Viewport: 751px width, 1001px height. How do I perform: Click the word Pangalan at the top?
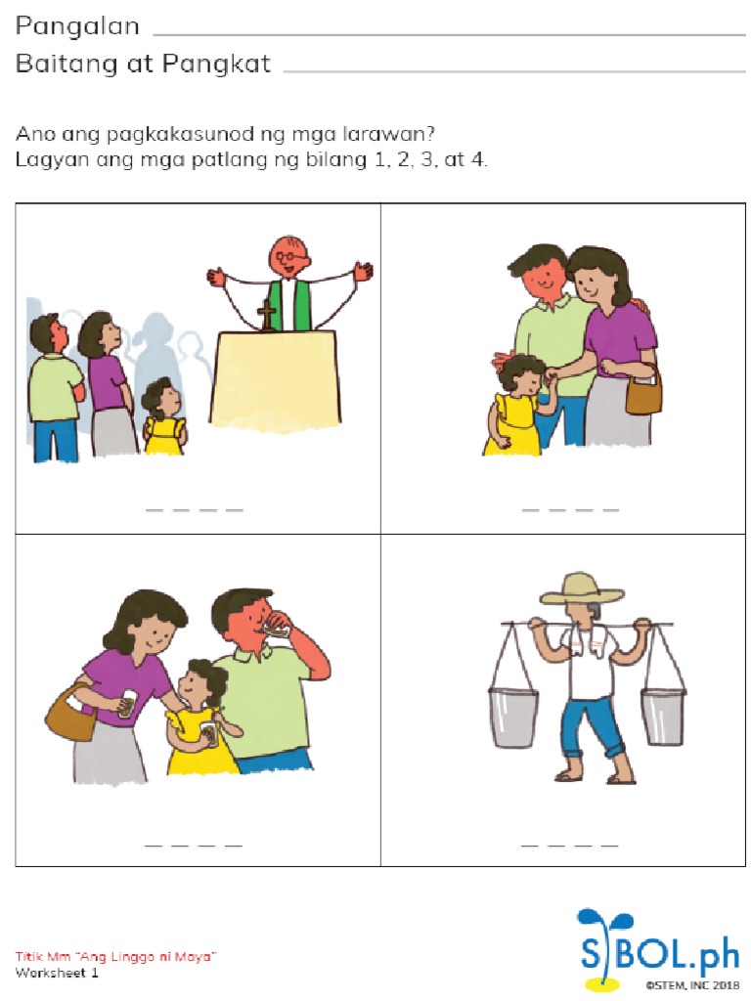[77, 26]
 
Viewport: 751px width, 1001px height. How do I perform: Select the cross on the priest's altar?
[266, 315]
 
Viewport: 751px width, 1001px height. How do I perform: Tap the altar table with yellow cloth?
[275, 377]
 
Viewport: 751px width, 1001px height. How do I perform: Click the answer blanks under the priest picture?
[194, 509]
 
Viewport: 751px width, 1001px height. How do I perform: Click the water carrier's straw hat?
[581, 588]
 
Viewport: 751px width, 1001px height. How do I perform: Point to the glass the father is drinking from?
[278, 630]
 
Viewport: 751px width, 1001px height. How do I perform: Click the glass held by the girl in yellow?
[207, 732]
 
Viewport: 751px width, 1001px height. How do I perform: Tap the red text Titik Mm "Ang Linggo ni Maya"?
[115, 955]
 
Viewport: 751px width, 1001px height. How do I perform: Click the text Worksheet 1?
[57, 973]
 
